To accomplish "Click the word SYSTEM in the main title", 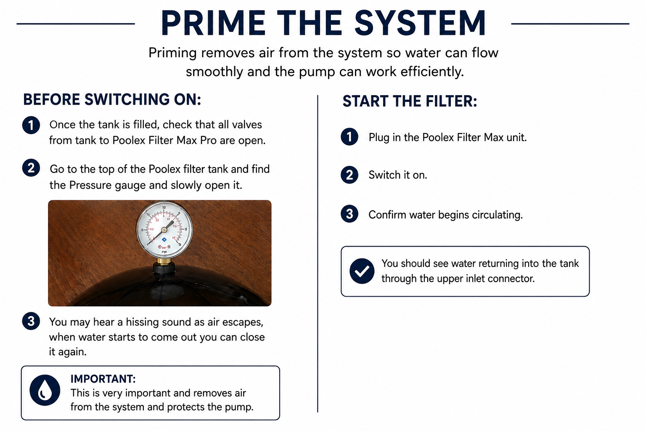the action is (x=420, y=23).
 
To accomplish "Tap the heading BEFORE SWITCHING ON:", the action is (x=112, y=99).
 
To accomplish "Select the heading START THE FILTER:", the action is (x=410, y=101).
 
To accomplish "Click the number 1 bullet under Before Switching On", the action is (x=31, y=125).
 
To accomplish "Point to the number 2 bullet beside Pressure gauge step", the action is (x=31, y=168).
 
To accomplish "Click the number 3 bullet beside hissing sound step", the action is (x=31, y=321).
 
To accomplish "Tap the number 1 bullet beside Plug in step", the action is (x=349, y=136).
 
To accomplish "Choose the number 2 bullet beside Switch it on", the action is (x=349, y=175).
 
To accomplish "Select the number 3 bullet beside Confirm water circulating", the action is (x=349, y=214).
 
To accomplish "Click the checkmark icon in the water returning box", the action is (x=362, y=271).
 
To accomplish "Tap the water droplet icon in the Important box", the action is (x=45, y=390).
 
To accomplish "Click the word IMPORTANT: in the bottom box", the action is (x=103, y=379).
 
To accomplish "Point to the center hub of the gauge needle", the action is (x=164, y=230).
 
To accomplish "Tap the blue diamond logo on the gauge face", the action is (x=164, y=239).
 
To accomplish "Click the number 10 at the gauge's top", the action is (x=164, y=207).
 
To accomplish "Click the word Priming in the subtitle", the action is (x=172, y=53).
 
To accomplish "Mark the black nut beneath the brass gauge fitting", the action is (x=164, y=270).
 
